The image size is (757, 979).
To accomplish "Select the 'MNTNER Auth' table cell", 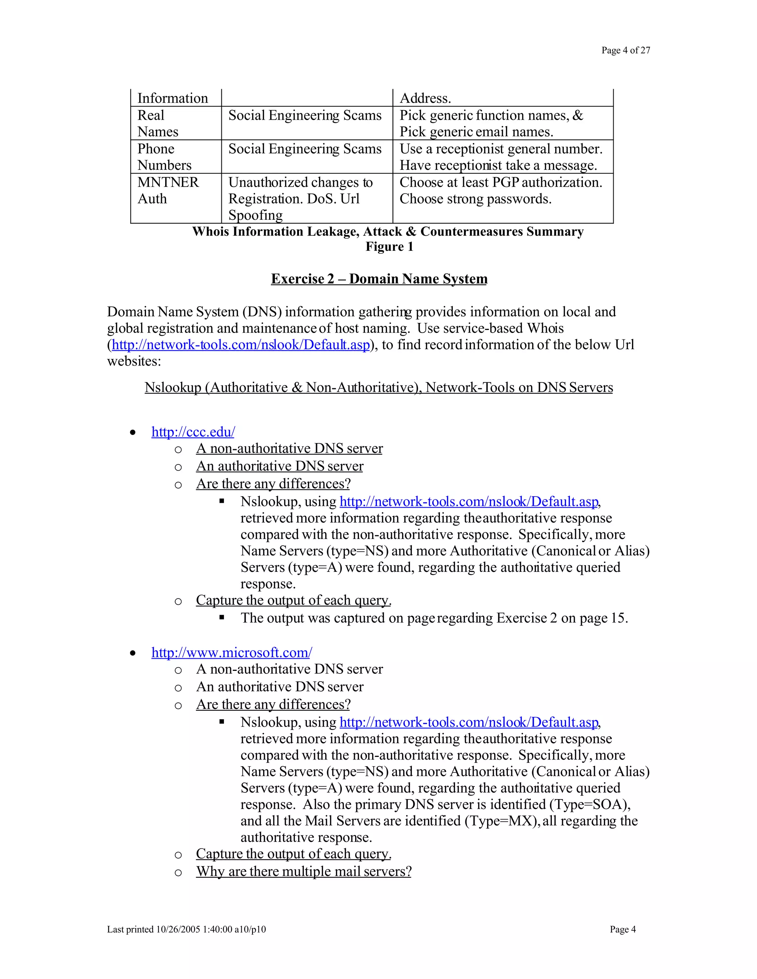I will (168, 191).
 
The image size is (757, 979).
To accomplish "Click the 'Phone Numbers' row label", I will (164, 157).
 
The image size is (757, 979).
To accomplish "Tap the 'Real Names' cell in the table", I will (157, 123).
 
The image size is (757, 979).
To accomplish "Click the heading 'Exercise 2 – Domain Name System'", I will (379, 279).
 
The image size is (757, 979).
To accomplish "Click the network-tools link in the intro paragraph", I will (241, 345).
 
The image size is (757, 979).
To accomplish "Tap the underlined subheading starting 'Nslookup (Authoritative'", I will (378, 387).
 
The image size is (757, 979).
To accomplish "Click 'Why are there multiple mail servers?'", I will (303, 871).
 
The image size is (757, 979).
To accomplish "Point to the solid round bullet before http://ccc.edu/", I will (133, 433).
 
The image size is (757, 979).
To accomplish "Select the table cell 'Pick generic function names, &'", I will (491, 116).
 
